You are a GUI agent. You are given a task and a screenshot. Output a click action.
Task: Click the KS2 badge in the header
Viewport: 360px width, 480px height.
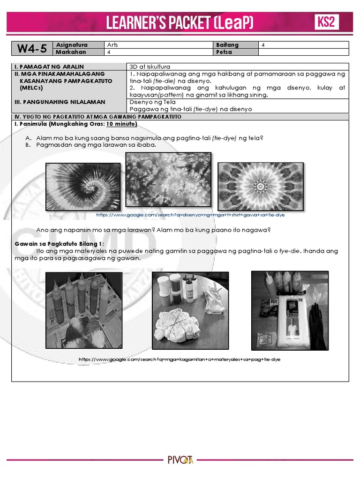pyautogui.click(x=326, y=22)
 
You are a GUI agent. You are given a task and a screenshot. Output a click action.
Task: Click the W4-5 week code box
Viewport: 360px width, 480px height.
pyautogui.click(x=32, y=49)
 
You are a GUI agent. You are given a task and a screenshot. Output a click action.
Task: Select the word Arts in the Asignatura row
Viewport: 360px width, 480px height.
pyautogui.click(x=113, y=45)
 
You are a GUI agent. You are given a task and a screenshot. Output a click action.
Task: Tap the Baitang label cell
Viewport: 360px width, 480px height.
pyautogui.click(x=227, y=45)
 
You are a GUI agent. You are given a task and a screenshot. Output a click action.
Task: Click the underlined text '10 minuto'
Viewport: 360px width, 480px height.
pyautogui.click(x=121, y=124)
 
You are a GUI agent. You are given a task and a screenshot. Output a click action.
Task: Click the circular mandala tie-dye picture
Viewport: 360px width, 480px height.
pyautogui.click(x=261, y=187)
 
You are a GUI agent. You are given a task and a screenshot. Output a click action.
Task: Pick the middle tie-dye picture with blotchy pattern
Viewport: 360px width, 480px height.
pyautogui.click(x=168, y=180)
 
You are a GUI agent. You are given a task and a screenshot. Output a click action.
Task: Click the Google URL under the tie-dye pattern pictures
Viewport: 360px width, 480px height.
pyautogui.click(x=190, y=215)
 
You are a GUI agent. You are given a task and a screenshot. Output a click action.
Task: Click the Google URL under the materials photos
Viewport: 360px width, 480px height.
pyautogui.click(x=180, y=359)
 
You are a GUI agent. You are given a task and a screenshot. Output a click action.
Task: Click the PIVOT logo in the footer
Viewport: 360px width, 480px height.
pyautogui.click(x=180, y=460)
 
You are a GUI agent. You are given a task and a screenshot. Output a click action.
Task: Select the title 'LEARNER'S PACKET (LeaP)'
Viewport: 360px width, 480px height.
pyautogui.click(x=180, y=22)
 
